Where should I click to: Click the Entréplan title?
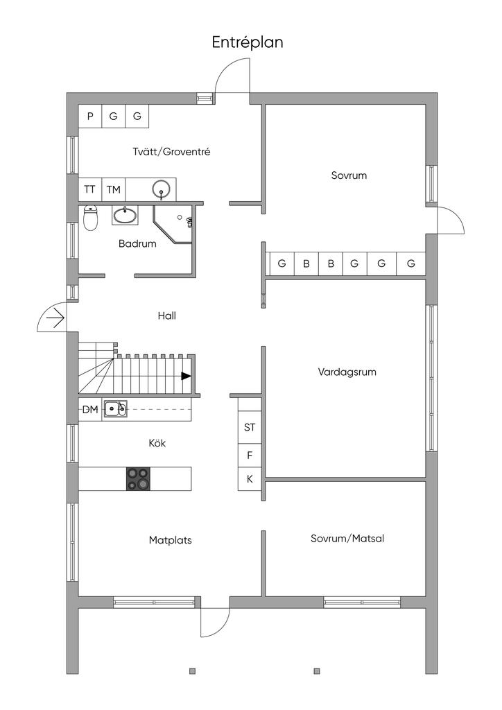[x=248, y=42]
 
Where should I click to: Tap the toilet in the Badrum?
[x=91, y=218]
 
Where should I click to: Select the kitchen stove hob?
[x=138, y=478]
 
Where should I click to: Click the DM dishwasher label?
[x=90, y=410]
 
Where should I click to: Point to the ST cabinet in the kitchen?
[x=250, y=427]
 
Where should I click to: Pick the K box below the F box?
[x=250, y=479]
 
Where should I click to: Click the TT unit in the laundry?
[x=90, y=189]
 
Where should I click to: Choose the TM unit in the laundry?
[x=114, y=189]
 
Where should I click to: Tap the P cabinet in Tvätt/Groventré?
[x=90, y=116]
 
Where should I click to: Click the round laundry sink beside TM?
[x=161, y=189]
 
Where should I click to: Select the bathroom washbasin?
[x=125, y=216]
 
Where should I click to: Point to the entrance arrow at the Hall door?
[x=56, y=318]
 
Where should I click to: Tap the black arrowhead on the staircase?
[x=186, y=376]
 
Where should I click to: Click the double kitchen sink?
[x=115, y=409]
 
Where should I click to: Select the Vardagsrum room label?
[x=347, y=372]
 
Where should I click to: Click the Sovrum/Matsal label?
[x=347, y=538]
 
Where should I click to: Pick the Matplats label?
[x=170, y=540]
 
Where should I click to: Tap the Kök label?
[x=157, y=443]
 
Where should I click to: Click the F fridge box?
[x=250, y=456]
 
